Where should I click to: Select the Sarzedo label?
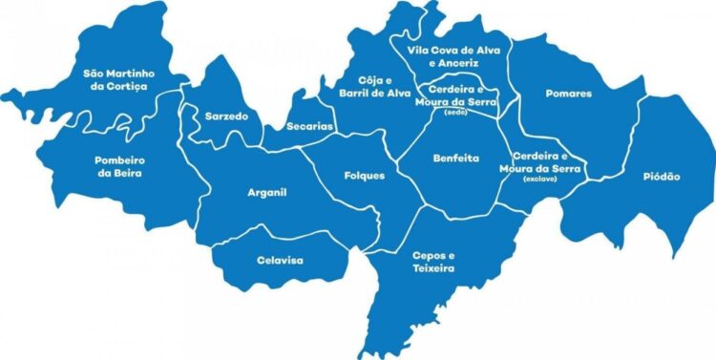coord(226,116)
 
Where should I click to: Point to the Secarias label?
coord(309,126)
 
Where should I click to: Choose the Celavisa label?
coord(280,259)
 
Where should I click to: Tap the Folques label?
coord(364,176)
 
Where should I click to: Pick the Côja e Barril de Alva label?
coord(374,87)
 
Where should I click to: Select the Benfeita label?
coord(455,158)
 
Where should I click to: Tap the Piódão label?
coord(661,177)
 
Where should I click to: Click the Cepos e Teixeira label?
coord(433,263)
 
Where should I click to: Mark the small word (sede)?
coord(454,113)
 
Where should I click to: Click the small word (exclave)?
coord(539,179)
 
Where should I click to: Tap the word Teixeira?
coord(433,269)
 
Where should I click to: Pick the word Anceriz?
coord(456,62)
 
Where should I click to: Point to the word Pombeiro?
coord(118,159)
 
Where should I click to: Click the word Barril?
coord(361,94)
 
